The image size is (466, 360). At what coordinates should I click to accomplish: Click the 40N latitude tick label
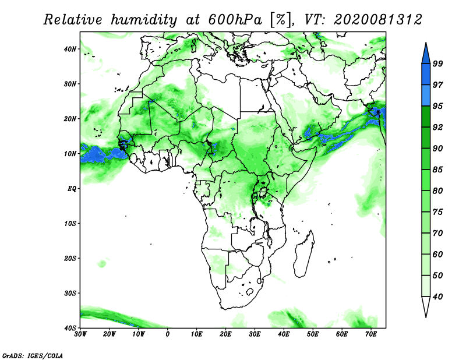point(70,49)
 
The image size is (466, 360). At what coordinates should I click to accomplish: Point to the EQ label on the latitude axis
point(72,189)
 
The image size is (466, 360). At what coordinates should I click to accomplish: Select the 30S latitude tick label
point(70,294)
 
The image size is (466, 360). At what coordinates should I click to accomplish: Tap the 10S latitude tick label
point(70,224)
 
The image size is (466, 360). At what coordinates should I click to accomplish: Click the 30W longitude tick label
point(80,334)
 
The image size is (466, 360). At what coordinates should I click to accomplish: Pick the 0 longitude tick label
point(168,334)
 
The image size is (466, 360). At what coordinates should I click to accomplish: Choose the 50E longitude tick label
point(313,334)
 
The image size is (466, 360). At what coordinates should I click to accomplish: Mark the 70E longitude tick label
point(371,334)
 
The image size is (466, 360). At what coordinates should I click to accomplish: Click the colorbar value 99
point(437,63)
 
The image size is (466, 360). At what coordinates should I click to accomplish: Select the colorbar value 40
point(437,297)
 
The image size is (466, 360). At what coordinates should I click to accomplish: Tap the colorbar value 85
point(437,170)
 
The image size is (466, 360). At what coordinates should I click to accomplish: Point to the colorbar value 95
point(437,106)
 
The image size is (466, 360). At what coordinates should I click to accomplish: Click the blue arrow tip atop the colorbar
point(426,43)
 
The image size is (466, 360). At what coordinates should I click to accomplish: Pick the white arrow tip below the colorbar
point(426,317)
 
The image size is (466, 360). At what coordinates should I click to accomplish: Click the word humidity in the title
point(144,20)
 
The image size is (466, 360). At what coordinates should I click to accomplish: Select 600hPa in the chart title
point(235,20)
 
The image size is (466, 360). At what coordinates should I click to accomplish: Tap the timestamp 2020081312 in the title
point(377,20)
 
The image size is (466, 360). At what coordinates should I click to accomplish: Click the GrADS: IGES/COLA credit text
point(33,355)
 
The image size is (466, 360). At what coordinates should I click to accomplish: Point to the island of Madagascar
point(303,255)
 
